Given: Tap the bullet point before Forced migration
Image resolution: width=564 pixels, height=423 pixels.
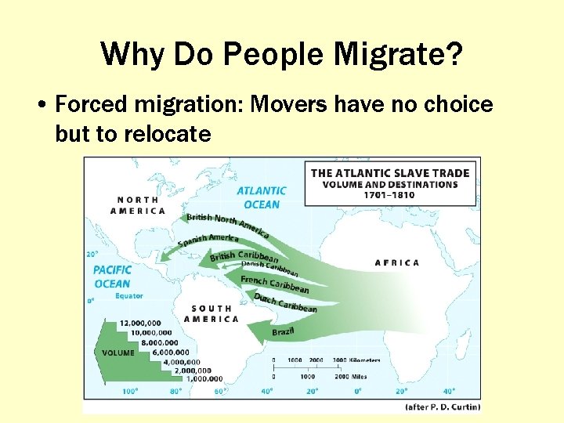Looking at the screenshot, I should click(42, 106).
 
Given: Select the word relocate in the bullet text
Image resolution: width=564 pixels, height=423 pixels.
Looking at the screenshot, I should click(167, 134).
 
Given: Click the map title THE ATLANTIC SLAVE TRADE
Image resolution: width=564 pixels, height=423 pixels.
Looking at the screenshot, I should click(389, 173).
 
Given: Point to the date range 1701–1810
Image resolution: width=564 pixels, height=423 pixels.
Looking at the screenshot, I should click(389, 195).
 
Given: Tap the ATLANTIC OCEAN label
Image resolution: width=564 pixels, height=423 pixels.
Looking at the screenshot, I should click(262, 197).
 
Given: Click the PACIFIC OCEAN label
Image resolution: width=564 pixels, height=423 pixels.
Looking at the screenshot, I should click(112, 277).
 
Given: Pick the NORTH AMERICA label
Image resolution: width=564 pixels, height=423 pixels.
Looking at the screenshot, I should click(138, 205).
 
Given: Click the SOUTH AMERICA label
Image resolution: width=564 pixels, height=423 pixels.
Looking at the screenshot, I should click(211, 313).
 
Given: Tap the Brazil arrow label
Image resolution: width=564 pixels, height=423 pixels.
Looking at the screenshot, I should click(283, 332).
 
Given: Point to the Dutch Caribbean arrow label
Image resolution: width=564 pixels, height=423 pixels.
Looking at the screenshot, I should click(285, 302).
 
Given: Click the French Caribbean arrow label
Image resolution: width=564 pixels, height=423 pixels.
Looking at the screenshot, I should click(274, 284).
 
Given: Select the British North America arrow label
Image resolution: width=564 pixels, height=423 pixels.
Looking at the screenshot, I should click(228, 224).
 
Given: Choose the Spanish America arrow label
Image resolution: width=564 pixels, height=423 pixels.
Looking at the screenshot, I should click(208, 239).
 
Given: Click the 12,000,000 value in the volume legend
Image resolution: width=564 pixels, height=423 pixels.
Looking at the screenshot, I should click(140, 323).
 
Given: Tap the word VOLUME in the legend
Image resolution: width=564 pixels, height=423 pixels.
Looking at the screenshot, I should click(118, 352).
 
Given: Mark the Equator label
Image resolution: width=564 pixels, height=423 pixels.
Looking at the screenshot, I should click(128, 296).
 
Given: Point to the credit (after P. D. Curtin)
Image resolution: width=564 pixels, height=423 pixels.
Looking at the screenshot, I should click(442, 407).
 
